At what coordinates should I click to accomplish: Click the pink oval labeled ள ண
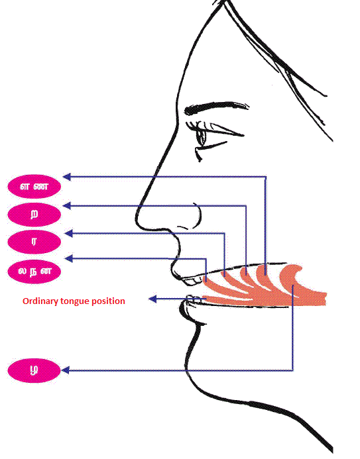[34, 187]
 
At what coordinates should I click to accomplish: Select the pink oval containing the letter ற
[34, 215]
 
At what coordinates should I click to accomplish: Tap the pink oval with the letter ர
[34, 242]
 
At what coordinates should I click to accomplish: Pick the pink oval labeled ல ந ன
[34, 272]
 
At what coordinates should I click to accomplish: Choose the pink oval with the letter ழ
[34, 370]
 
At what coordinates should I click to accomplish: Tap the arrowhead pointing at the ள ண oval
[67, 177]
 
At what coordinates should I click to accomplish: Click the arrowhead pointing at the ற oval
[67, 205]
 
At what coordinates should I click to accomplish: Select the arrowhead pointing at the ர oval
[68, 233]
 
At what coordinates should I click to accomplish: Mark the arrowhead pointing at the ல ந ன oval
[68, 258]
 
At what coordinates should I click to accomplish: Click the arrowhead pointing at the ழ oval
[65, 370]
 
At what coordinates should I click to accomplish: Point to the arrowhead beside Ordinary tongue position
[152, 299]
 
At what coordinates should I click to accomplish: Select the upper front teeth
[192, 281]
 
